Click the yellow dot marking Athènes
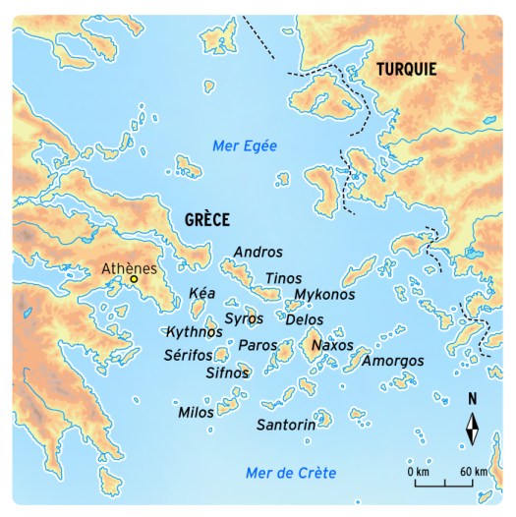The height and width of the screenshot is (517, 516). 135,279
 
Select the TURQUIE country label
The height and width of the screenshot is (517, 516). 405,69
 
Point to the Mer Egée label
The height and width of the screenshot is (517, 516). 245,145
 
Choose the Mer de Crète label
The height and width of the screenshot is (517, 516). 291,474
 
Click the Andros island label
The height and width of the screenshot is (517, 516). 258,253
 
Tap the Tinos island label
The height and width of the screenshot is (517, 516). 284,279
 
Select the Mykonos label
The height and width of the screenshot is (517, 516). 325,295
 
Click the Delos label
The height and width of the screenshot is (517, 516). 304,320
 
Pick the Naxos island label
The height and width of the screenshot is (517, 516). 332,346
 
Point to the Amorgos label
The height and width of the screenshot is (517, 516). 393,362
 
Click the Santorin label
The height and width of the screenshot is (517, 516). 286,426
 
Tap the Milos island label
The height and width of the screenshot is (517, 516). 196,413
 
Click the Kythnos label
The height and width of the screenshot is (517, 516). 194,331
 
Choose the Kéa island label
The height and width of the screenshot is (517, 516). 201,294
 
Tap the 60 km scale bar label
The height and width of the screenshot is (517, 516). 474,473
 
